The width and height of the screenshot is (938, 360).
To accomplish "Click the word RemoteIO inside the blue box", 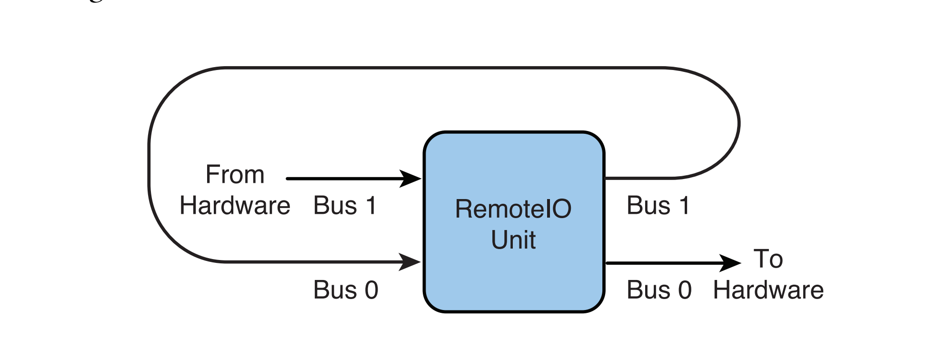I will click(x=513, y=209).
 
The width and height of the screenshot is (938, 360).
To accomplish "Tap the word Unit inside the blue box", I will click(x=513, y=240).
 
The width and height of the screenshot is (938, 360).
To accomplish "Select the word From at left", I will click(x=235, y=174).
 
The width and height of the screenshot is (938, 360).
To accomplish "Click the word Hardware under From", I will click(x=235, y=206).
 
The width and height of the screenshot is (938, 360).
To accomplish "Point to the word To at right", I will click(x=768, y=259).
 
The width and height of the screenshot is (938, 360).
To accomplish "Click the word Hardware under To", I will click(x=768, y=290).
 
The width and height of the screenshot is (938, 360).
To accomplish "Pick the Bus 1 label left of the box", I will click(x=345, y=206).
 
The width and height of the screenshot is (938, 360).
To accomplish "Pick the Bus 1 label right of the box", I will click(x=658, y=206).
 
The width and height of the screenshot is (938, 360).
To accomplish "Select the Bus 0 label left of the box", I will click(x=346, y=290).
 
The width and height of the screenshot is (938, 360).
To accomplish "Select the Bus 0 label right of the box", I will click(x=659, y=290).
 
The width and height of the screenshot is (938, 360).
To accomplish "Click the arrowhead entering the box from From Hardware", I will click(x=410, y=179).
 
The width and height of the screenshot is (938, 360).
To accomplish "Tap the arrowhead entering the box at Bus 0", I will click(x=410, y=262).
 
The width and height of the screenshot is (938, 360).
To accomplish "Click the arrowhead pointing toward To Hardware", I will click(x=730, y=262).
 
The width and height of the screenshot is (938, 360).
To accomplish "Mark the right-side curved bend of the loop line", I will click(x=738, y=124).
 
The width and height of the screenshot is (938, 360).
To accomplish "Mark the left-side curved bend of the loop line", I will click(x=150, y=164).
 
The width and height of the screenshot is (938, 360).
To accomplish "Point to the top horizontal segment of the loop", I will click(x=443, y=68).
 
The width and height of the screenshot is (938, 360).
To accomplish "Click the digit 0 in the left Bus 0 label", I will click(x=371, y=290).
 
